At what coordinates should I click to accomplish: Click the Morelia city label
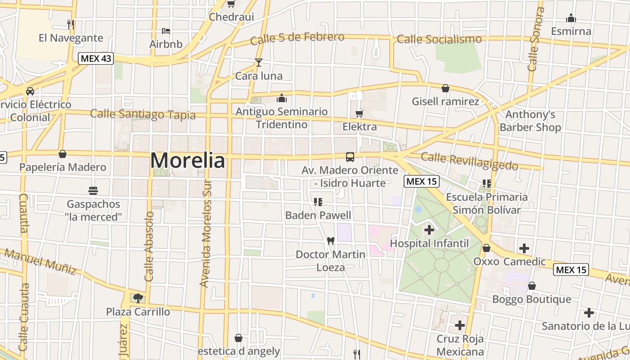[187, 160]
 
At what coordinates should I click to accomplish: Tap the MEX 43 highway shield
[96, 58]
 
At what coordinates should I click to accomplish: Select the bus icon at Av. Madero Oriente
[350, 157]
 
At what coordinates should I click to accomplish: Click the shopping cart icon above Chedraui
[231, 4]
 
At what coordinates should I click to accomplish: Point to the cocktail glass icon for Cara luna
[259, 63]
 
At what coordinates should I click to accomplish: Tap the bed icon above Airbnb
[166, 31]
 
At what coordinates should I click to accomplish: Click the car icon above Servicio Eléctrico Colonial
[30, 91]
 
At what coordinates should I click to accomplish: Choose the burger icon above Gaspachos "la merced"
[93, 191]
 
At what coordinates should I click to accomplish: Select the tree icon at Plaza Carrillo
[138, 297]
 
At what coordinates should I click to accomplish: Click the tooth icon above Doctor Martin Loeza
[330, 241]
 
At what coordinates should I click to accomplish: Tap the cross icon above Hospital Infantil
[429, 230]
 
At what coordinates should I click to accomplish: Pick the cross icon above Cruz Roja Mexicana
[459, 325]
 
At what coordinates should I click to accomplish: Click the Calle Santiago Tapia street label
[143, 114]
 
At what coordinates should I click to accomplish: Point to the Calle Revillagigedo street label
[469, 161]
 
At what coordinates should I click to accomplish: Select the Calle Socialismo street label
[439, 39]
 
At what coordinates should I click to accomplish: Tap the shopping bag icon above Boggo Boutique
[531, 286]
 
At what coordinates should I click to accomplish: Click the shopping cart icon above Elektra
[359, 113]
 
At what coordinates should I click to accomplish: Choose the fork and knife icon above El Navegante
[70, 24]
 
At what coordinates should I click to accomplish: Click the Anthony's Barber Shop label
[530, 121]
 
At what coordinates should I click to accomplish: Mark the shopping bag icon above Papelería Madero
[63, 154]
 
